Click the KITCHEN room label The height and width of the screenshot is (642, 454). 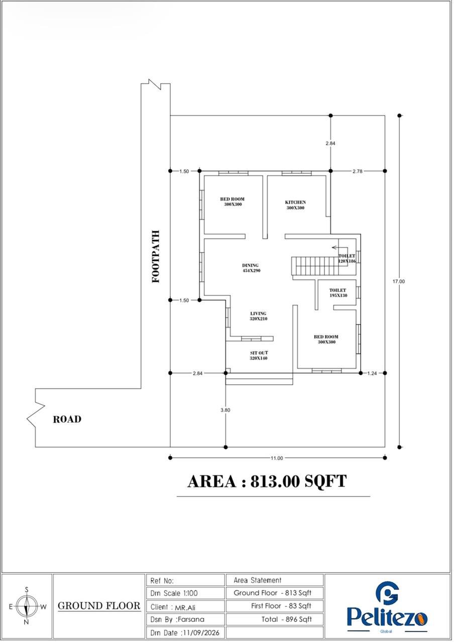pyautogui.click(x=296, y=205)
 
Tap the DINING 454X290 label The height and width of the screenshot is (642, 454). pyautogui.click(x=251, y=268)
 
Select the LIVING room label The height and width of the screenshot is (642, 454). pyautogui.click(x=258, y=316)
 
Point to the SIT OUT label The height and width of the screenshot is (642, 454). pyautogui.click(x=259, y=356)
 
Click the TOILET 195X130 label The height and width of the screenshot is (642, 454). pyautogui.click(x=338, y=293)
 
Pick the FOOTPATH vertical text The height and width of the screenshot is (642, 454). pyautogui.click(x=156, y=256)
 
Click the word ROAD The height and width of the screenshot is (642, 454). pyautogui.click(x=67, y=420)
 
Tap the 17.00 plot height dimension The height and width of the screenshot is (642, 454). pyautogui.click(x=399, y=281)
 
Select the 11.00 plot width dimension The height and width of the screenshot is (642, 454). pyautogui.click(x=277, y=458)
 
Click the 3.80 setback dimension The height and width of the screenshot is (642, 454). pyautogui.click(x=225, y=410)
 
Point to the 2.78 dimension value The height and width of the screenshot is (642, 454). pyautogui.click(x=358, y=172)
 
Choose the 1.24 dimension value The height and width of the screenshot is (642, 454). pyautogui.click(x=372, y=374)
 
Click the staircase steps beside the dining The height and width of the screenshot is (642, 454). pyautogui.click(x=315, y=266)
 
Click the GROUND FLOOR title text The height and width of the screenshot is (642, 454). pyautogui.click(x=99, y=606)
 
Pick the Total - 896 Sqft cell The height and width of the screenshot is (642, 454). pyautogui.click(x=275, y=619)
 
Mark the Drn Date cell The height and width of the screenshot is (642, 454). pyautogui.click(x=185, y=632)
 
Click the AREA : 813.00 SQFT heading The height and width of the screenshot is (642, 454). pyautogui.click(x=267, y=481)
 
